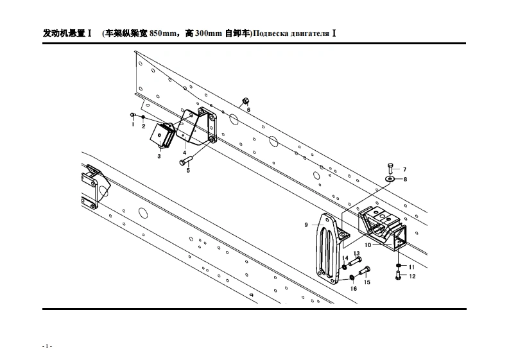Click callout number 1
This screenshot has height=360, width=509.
[133, 124]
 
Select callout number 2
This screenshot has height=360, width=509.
[144, 126]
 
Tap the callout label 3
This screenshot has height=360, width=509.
[159, 156]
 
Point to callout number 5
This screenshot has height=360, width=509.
[188, 171]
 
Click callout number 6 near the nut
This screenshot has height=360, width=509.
[248, 110]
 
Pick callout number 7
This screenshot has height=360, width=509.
[404, 169]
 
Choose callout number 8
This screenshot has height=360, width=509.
[405, 180]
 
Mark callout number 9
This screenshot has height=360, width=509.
[307, 225]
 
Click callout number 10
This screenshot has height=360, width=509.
[368, 245]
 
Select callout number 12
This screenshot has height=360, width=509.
[412, 277]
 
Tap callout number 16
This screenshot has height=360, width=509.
[353, 289]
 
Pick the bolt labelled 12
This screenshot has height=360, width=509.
[399, 277]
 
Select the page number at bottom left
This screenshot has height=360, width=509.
[46, 346]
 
